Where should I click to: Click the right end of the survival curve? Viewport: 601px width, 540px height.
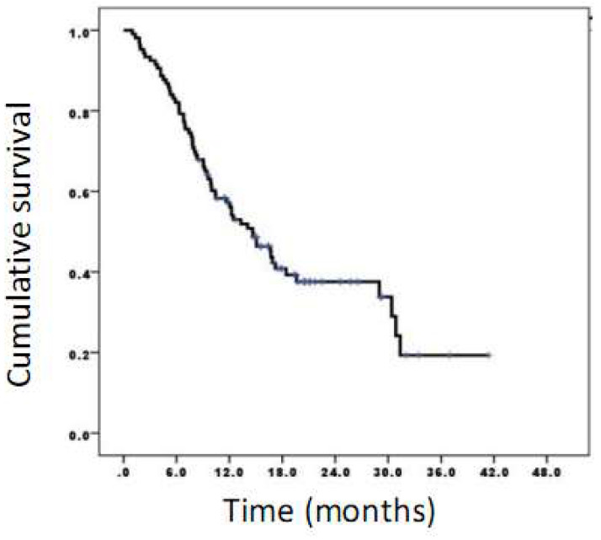coord(489,356)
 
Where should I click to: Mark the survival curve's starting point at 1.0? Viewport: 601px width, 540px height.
coord(125,30)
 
